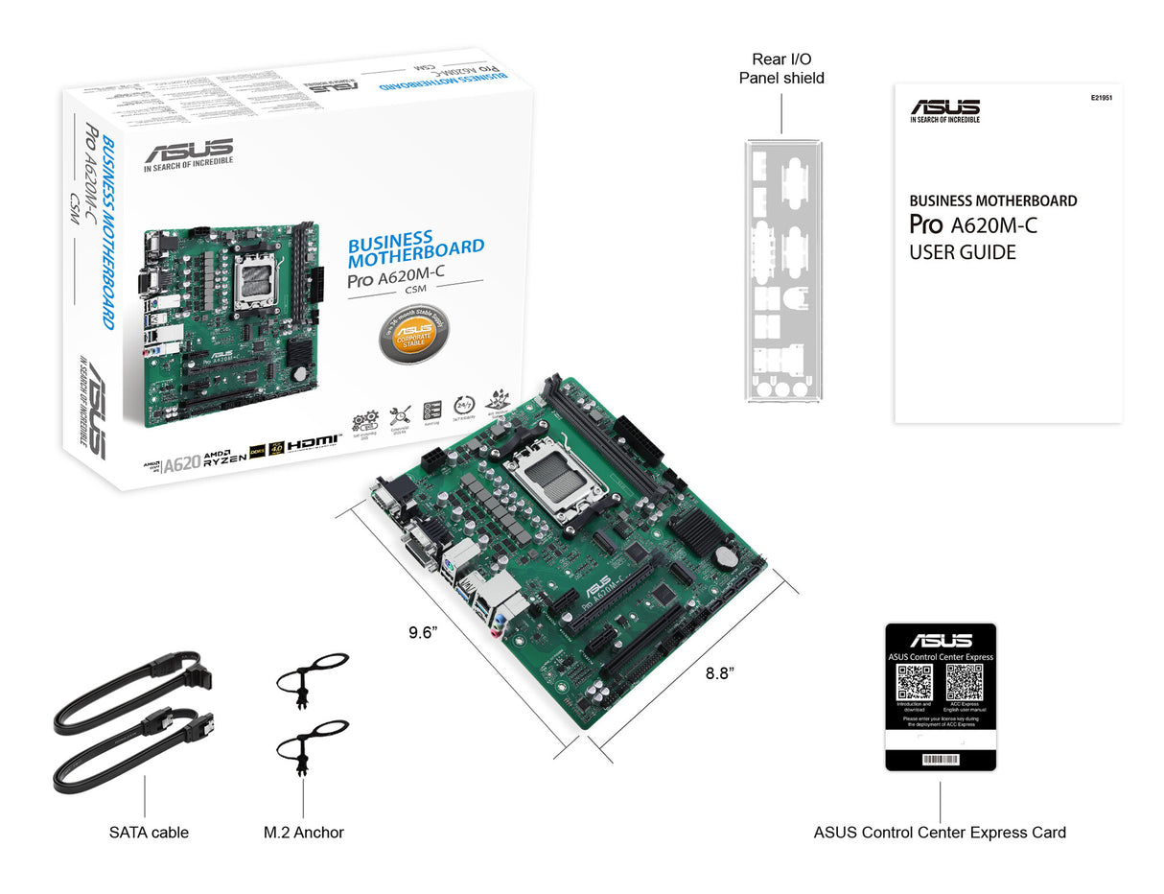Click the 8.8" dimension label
[x=719, y=673]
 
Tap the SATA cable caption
[x=149, y=832]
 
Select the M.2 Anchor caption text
[x=303, y=832]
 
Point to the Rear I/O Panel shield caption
[x=781, y=68]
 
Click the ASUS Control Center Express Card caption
[x=940, y=832]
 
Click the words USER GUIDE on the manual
[x=962, y=253]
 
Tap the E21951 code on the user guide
[x=1101, y=98]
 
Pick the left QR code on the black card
[x=914, y=682]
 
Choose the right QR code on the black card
[x=964, y=682]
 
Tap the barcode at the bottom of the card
[x=940, y=759]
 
